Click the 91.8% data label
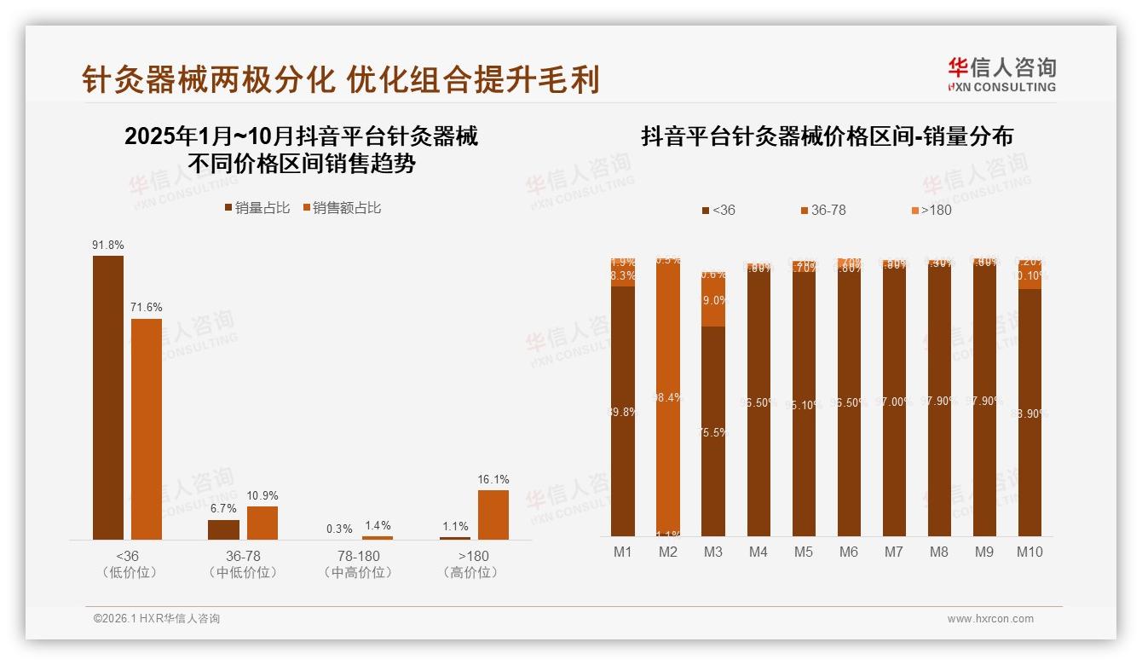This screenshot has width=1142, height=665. pyautogui.click(x=108, y=246)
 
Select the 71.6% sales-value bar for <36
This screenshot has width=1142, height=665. pyautogui.click(x=146, y=429)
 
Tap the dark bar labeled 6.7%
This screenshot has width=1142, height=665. pyautogui.click(x=223, y=529)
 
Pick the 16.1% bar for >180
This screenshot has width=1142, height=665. pyautogui.click(x=493, y=514)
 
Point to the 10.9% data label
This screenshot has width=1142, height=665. pyautogui.click(x=262, y=496)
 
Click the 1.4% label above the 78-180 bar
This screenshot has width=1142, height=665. pyautogui.click(x=377, y=526)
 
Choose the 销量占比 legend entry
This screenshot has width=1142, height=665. pyautogui.click(x=257, y=208)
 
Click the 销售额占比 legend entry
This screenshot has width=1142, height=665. pyautogui.click(x=341, y=208)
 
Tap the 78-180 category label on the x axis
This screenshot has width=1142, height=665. pyautogui.click(x=358, y=556)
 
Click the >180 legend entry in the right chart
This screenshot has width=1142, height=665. pyautogui.click(x=931, y=210)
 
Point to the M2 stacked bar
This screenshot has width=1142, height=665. pyautogui.click(x=668, y=397)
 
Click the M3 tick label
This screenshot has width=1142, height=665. pyautogui.click(x=713, y=552)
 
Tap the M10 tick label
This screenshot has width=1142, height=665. pyautogui.click(x=1030, y=552)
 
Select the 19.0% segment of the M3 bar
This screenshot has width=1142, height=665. pyautogui.click(x=713, y=301)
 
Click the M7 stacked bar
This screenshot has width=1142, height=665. pyautogui.click(x=894, y=401)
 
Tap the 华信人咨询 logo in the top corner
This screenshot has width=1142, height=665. pyautogui.click(x=1001, y=74)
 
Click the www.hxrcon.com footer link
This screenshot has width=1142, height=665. pyautogui.click(x=990, y=619)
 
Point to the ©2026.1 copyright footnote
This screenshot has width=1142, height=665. pyautogui.click(x=157, y=619)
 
